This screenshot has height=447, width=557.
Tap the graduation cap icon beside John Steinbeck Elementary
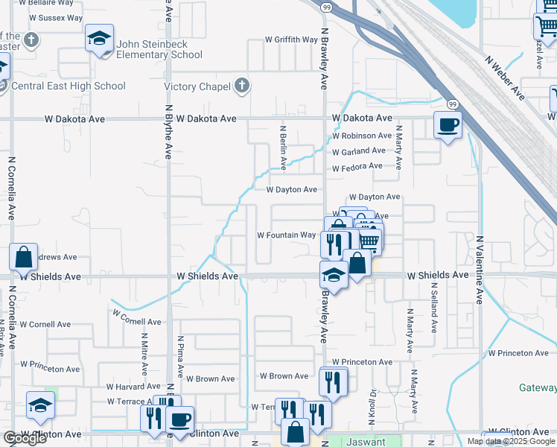[99, 39]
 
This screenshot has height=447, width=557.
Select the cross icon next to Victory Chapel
[241, 86]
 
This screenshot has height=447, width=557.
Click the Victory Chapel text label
[197, 87]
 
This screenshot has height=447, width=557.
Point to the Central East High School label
[69, 86]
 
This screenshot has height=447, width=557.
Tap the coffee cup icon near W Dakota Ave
[448, 124]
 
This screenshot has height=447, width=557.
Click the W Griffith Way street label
[292, 40]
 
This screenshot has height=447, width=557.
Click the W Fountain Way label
[287, 235]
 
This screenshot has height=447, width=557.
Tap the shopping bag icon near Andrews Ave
[23, 257]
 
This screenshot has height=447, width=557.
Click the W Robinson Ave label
[362, 136]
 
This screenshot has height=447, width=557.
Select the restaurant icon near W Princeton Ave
[334, 382]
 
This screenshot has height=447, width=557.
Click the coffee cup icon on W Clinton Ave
[179, 419]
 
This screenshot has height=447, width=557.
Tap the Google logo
[24, 439]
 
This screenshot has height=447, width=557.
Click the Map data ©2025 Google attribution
[511, 441]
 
